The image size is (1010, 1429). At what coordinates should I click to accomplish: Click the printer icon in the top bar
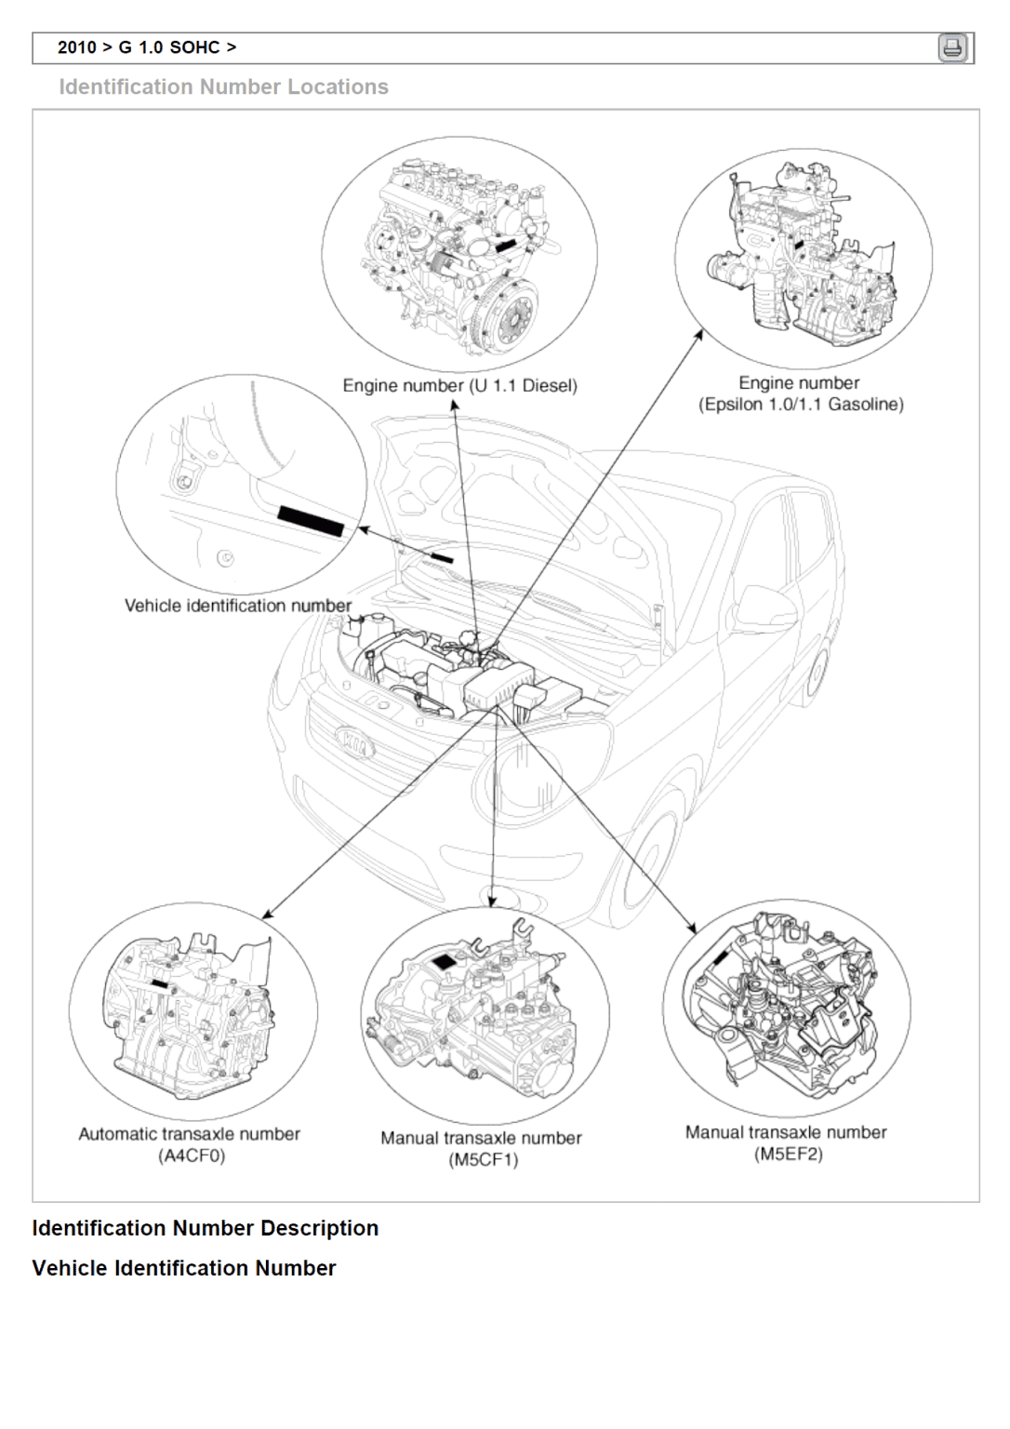point(952,47)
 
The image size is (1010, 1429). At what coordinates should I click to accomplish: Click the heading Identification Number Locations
point(223,87)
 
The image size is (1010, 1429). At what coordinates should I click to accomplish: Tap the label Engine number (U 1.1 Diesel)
point(459,385)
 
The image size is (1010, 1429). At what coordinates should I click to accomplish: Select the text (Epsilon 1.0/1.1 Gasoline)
point(801,405)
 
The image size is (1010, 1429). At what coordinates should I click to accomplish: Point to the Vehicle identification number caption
point(238,606)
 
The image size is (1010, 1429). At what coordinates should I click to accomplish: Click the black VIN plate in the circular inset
point(311,521)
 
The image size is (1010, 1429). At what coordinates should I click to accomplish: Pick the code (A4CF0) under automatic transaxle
point(192,1155)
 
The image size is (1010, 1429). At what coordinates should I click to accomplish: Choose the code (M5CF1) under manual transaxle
point(484,1159)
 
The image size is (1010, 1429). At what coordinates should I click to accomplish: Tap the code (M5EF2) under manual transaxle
point(789,1154)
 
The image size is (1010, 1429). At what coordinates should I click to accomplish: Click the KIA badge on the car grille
point(354,741)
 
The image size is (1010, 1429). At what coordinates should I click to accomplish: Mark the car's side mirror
point(766,607)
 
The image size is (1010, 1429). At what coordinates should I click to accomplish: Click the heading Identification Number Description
point(206,1228)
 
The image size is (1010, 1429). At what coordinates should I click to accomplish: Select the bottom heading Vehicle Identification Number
point(184,1268)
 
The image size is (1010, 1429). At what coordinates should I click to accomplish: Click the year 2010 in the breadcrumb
point(76,47)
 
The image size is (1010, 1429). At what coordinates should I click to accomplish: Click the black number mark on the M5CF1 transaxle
point(445,961)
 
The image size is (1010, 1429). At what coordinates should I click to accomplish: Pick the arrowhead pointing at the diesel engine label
point(455,406)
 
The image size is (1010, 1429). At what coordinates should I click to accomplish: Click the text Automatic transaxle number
point(190,1134)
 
